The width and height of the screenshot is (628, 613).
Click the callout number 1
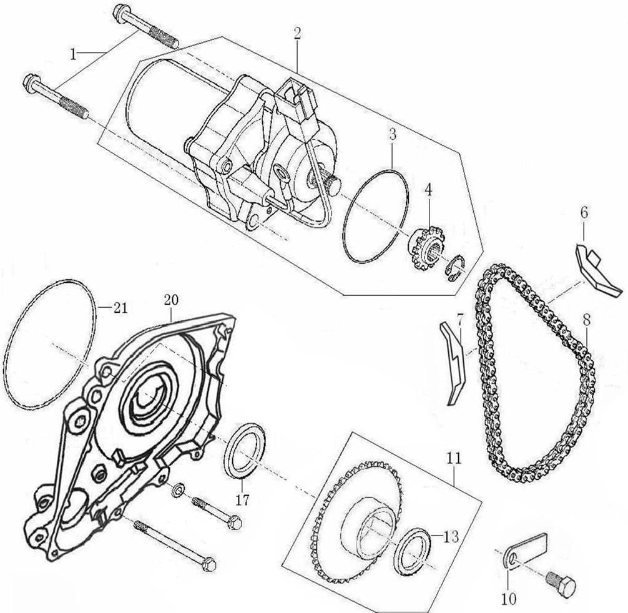tap(73, 54)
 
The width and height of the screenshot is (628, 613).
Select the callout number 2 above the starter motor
tap(297, 32)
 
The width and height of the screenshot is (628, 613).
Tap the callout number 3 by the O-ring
tap(392, 134)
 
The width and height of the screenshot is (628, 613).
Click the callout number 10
tap(509, 599)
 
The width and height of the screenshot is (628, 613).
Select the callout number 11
tap(453, 458)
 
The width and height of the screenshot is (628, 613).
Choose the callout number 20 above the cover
tap(170, 300)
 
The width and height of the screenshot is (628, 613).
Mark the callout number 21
tap(120, 306)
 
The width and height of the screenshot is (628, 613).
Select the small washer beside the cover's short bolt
tap(178, 490)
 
